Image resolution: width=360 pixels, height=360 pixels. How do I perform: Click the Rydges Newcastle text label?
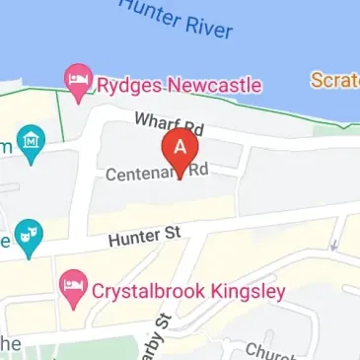coord(178,85)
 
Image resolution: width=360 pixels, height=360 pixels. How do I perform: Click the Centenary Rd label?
coord(158,173)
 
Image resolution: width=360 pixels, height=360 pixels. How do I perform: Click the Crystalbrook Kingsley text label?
coord(188,292)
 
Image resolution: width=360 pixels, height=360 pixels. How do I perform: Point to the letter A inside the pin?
coord(180,145)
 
